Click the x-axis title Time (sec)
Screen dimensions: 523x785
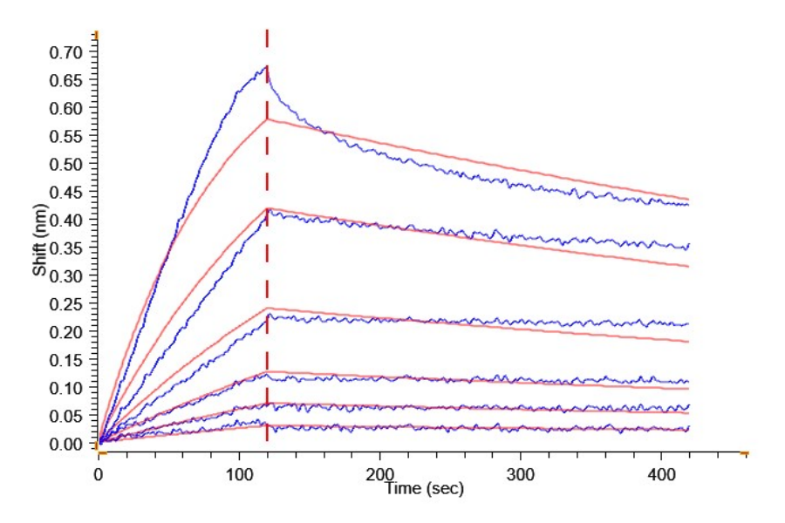coord(425,489)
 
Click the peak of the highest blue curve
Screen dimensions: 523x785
coord(265,67)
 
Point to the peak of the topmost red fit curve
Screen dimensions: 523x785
coord(268,119)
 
